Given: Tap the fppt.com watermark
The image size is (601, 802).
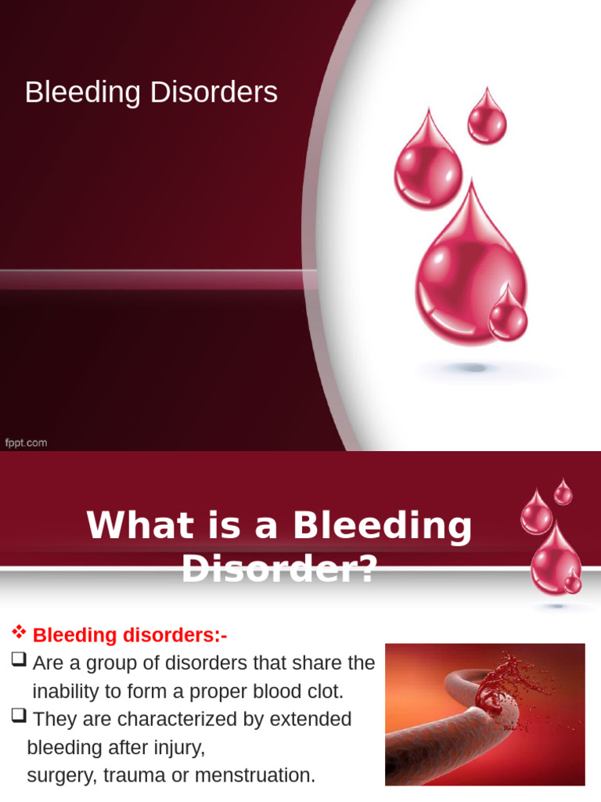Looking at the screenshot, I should [x=26, y=443].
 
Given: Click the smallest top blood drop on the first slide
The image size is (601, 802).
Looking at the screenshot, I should [x=487, y=117].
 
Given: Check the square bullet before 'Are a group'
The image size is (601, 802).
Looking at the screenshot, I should [x=19, y=662].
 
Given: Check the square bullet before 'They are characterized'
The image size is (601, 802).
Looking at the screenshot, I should [x=19, y=718].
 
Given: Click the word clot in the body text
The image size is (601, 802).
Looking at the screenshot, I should [x=325, y=692].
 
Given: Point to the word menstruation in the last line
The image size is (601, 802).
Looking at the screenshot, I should [x=259, y=775].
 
